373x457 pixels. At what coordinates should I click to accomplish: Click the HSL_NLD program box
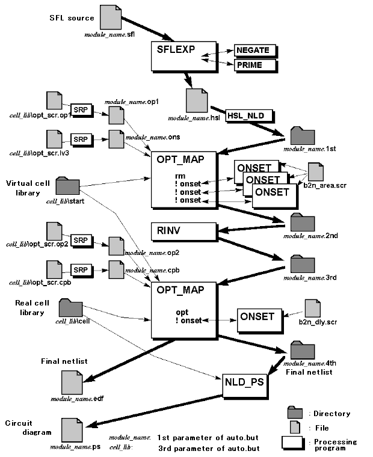click(x=249, y=114)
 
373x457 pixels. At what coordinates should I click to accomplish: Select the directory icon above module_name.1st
click(x=298, y=136)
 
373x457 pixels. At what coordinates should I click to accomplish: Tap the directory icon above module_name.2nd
click(x=299, y=222)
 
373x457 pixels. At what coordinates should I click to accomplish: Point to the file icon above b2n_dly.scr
click(x=313, y=308)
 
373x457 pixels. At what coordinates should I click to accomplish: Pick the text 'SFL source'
click(x=72, y=17)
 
